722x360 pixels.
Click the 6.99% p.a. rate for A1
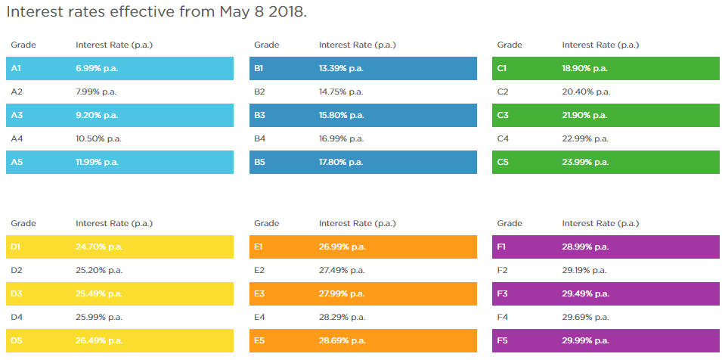(x=96, y=69)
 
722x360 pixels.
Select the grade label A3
(x=17, y=116)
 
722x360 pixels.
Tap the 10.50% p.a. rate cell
(x=98, y=139)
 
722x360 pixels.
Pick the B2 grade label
(x=259, y=92)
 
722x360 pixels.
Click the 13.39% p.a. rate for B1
(x=341, y=69)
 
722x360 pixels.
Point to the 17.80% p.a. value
(x=341, y=163)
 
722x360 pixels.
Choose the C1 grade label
(x=502, y=69)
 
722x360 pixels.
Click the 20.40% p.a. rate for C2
(x=584, y=92)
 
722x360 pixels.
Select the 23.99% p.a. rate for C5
(x=584, y=163)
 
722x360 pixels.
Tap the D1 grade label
(x=17, y=247)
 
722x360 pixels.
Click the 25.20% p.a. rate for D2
(x=98, y=271)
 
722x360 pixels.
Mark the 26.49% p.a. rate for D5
(x=98, y=341)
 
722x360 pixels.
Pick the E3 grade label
(x=259, y=294)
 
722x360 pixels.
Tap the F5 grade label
(x=502, y=341)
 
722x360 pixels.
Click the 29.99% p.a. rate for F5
(x=584, y=341)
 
